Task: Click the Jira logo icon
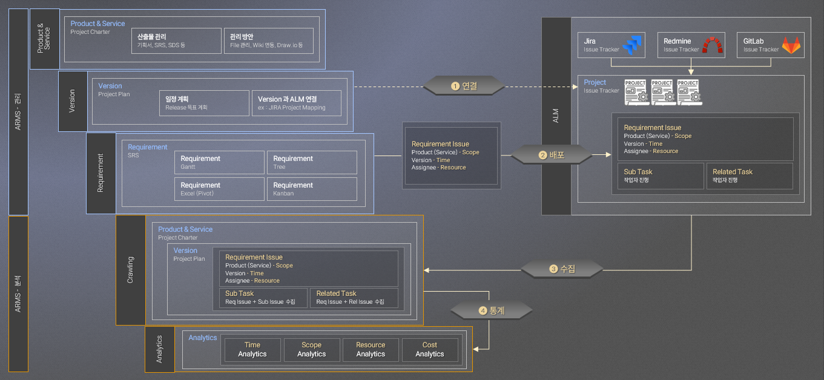pos(632,45)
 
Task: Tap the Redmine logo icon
pos(712,45)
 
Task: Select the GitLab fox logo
pos(791,45)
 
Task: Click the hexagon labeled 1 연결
pos(464,86)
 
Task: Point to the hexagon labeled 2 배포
pos(552,154)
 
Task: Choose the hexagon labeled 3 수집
pos(562,269)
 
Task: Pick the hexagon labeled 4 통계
pos(492,310)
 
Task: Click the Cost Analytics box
pos(430,350)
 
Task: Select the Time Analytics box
pos(252,350)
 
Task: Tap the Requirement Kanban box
pos(312,189)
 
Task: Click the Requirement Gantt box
pos(219,162)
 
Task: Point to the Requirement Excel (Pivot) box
pos(219,189)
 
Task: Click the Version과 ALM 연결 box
pos(297,103)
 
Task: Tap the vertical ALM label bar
pos(556,116)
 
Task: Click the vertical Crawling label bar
pos(130,270)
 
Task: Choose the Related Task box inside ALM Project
pos(750,175)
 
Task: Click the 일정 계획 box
pos(205,103)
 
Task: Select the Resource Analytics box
pos(371,350)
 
